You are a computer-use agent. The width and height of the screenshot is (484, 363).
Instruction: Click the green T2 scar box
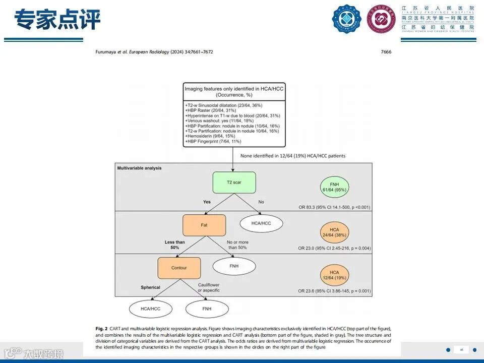tap(234, 183)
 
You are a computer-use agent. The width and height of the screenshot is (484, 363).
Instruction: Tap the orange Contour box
tap(179, 268)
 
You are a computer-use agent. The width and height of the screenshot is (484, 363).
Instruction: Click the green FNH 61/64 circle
tap(334, 186)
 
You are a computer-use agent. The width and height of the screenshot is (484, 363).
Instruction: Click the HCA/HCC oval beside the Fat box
tap(261, 223)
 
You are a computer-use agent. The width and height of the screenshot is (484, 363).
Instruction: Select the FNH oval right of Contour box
tap(233, 265)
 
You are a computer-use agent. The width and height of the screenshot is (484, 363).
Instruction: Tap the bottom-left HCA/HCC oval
tap(150, 307)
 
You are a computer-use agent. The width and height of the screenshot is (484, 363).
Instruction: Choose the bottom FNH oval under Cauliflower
tap(206, 307)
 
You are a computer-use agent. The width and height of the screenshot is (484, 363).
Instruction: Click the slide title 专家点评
tap(57, 20)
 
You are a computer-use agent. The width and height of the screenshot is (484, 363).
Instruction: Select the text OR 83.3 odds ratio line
tap(334, 207)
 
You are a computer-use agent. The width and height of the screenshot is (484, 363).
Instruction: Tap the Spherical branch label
tap(150, 287)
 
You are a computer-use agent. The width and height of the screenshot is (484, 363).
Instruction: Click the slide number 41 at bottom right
tap(461, 350)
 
